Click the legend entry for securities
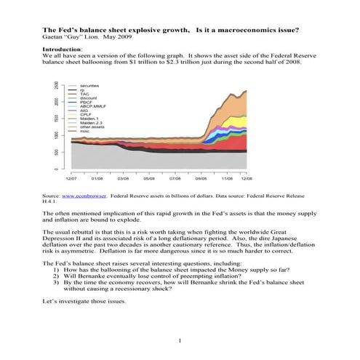point(90,85)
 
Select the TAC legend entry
point(84,94)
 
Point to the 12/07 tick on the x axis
point(71,177)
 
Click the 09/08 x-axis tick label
point(201,177)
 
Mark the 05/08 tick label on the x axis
point(149,177)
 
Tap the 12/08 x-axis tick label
point(247,177)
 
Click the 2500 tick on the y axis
point(55,86)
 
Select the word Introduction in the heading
point(63,47)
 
